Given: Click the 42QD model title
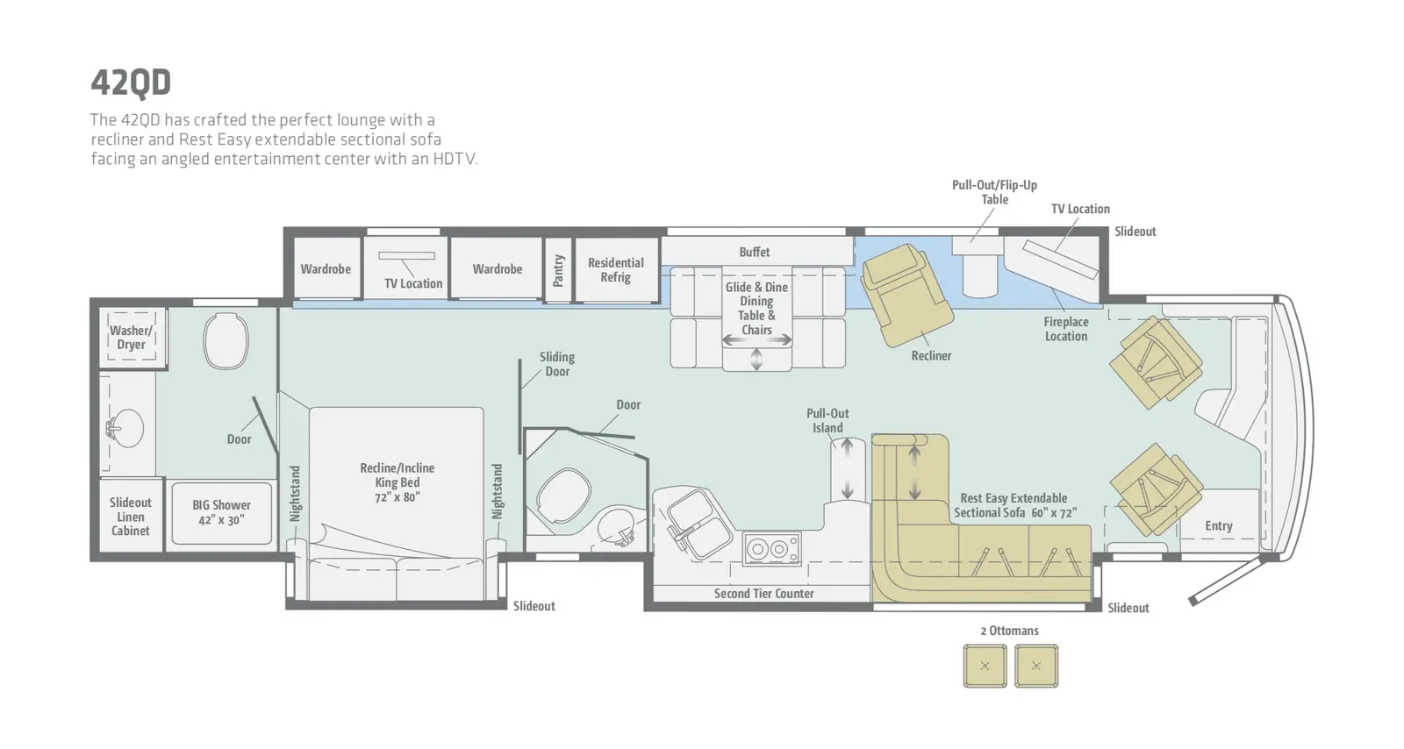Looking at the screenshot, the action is point(131,82).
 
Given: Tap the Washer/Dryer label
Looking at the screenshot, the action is point(131,338).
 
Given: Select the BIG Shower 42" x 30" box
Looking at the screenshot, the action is point(222,513).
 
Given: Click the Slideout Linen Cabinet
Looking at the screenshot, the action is point(131,516).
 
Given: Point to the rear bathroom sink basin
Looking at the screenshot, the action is point(127,428).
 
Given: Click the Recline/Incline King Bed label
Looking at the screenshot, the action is point(397,482).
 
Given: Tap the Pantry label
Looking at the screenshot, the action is point(558,270).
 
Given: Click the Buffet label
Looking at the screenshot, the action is point(754,253).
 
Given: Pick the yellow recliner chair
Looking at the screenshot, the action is point(906,295).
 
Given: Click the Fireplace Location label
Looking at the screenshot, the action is point(1065,329).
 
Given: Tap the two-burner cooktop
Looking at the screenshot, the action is point(771,549).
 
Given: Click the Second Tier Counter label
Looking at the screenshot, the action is point(764,594).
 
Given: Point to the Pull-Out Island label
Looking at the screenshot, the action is point(827,421).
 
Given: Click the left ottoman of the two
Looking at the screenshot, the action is point(985,666).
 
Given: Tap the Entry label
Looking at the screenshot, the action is point(1219,526).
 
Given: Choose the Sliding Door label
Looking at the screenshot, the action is point(556,364).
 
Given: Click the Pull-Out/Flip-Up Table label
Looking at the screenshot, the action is point(995,192).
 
